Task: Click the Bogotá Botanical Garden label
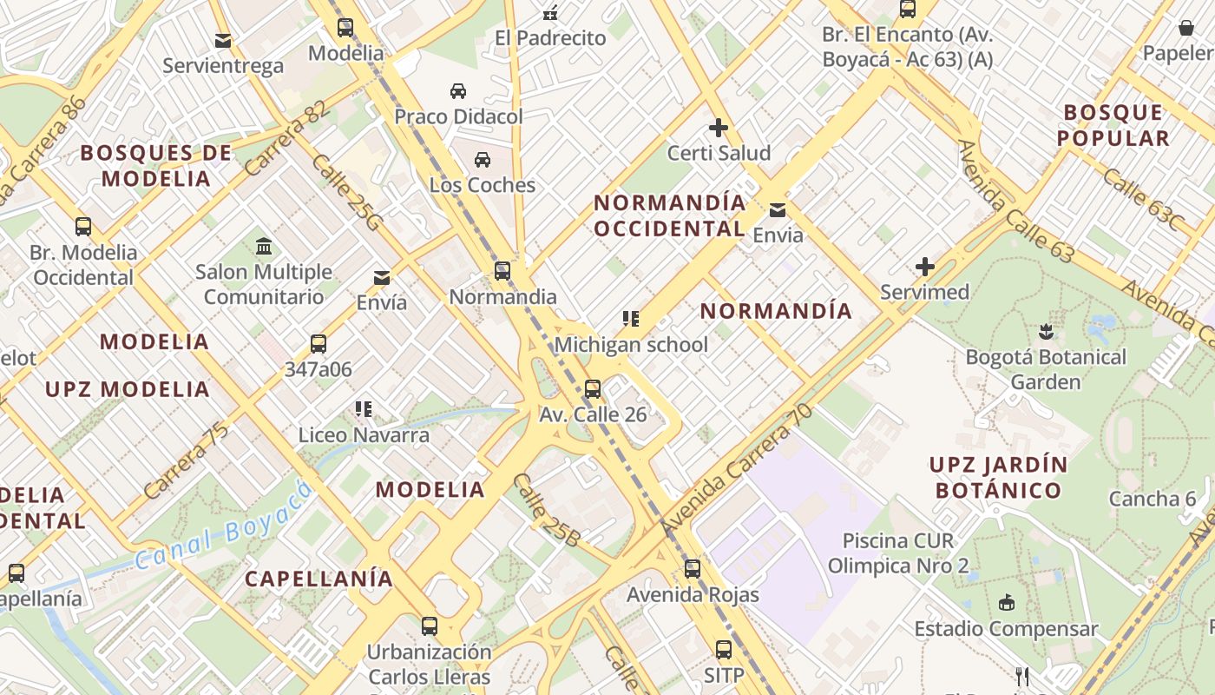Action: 1046,369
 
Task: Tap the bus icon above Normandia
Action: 502,271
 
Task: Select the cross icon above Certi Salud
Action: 719,129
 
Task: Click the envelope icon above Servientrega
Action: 223,40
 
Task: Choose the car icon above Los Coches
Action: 483,160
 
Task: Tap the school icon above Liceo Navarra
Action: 364,408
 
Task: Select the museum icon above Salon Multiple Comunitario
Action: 264,247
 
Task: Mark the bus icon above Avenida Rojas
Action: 693,569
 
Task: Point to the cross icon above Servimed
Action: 925,267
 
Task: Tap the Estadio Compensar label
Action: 1006,628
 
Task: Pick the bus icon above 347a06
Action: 319,344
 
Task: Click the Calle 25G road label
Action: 345,193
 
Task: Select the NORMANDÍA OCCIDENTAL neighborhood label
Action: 670,215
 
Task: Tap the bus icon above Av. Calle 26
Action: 593,388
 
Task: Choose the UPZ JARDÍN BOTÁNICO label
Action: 998,477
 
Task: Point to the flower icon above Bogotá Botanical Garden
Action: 1046,331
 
